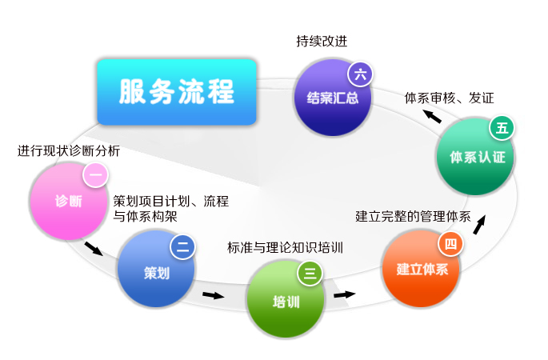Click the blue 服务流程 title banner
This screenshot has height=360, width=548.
(x=177, y=92)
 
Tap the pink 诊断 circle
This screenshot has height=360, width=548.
(x=69, y=202)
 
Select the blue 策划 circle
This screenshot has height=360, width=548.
(x=156, y=269)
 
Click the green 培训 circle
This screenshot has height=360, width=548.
(x=286, y=299)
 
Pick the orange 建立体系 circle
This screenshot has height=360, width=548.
(x=421, y=269)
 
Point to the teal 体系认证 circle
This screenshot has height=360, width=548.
(x=476, y=157)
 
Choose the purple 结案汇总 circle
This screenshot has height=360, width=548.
(x=332, y=98)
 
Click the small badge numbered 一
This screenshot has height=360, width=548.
(x=95, y=174)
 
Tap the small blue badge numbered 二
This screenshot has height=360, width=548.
(x=182, y=246)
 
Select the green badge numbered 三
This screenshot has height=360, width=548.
(x=310, y=273)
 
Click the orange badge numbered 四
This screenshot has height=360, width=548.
(x=451, y=244)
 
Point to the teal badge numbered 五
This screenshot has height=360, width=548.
(x=502, y=128)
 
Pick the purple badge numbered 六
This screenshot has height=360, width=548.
(x=360, y=74)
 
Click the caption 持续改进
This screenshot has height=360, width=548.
(x=322, y=42)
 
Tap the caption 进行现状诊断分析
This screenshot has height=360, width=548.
(x=69, y=151)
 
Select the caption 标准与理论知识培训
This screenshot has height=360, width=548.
(x=285, y=248)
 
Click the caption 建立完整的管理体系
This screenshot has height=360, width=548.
(x=413, y=216)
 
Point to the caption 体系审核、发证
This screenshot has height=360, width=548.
(x=449, y=98)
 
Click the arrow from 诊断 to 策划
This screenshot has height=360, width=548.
(x=94, y=249)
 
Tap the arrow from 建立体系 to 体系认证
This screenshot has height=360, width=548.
(x=479, y=224)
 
